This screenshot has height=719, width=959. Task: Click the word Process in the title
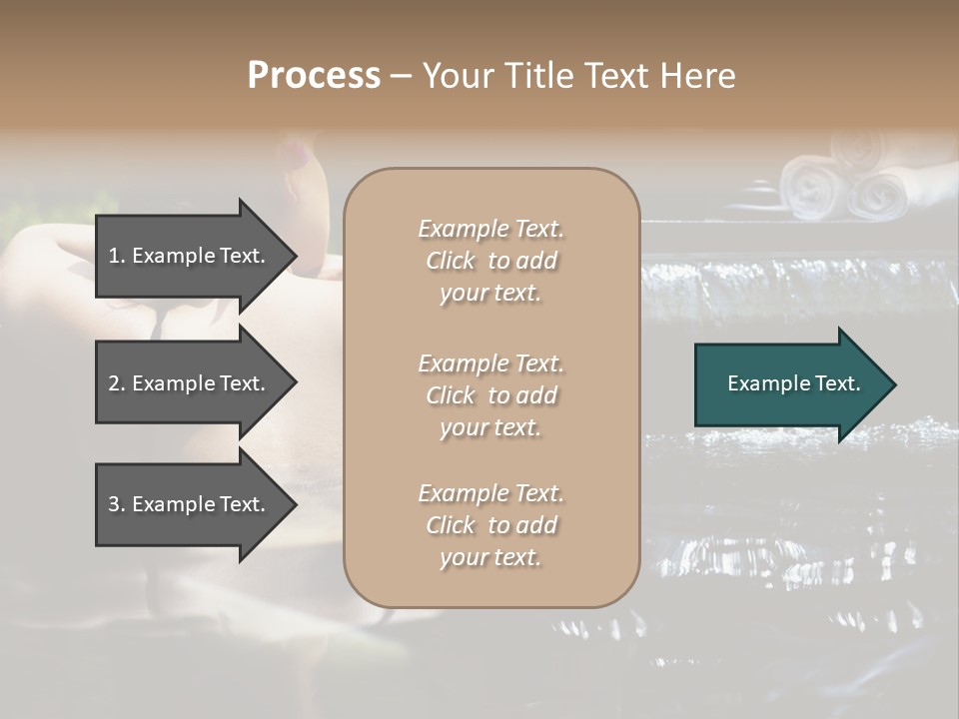click(314, 76)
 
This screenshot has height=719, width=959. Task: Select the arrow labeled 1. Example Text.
click(190, 256)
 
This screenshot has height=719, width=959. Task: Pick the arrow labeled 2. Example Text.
click(190, 383)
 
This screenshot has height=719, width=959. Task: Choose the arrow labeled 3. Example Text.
click(190, 504)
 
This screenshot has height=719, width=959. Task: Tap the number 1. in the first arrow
click(117, 256)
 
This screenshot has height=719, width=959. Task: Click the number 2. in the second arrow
click(117, 383)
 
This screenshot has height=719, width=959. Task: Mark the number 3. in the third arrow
click(117, 504)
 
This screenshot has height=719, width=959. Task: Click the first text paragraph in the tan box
click(490, 261)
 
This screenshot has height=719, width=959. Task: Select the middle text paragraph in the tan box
click(490, 395)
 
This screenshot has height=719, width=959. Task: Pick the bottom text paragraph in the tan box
click(490, 525)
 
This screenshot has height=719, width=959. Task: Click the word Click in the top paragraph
click(451, 261)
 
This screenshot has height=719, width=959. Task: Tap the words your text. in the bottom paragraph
click(490, 557)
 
